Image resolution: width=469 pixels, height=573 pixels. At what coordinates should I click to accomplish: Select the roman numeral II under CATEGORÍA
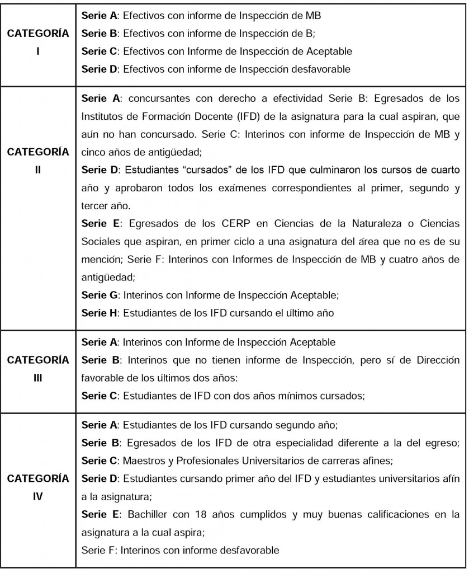point(37,169)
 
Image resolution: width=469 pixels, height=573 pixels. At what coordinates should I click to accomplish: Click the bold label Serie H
point(101,314)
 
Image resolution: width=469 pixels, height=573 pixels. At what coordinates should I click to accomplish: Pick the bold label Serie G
point(101,296)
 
